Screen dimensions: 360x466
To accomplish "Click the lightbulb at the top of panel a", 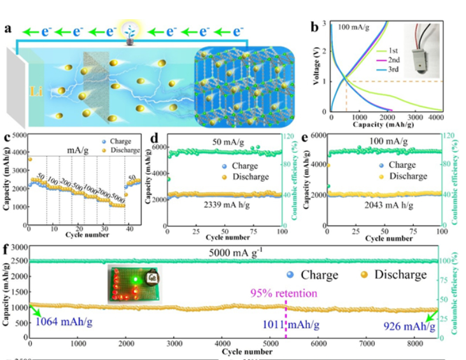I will tap(131, 31).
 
